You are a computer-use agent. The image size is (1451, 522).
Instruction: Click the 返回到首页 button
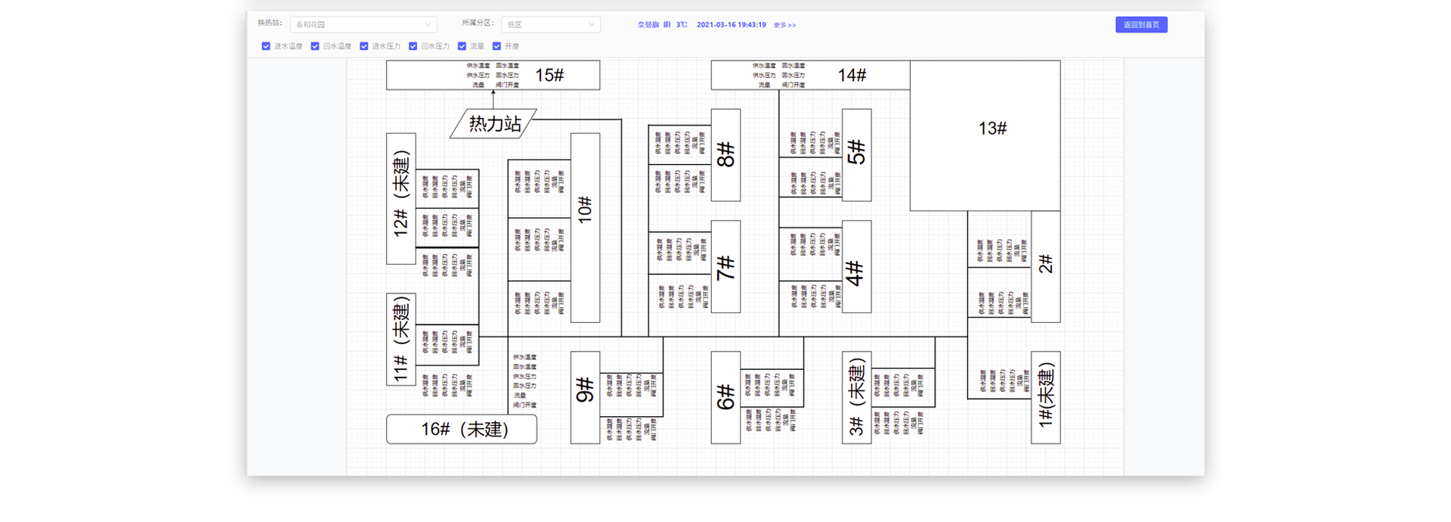1141,25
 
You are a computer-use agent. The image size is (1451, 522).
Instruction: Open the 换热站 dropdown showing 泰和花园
363,25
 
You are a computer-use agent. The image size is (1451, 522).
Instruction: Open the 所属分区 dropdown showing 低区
550,25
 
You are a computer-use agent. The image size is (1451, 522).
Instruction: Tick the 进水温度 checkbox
266,46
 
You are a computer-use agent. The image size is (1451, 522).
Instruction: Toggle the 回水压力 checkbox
413,46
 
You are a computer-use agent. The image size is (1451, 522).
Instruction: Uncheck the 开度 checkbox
497,46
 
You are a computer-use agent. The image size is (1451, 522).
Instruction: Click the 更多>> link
784,25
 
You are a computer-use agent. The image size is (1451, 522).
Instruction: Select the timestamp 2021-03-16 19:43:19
731,25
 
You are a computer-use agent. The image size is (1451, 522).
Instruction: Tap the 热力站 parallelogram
493,123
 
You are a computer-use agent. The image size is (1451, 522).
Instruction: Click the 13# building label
992,129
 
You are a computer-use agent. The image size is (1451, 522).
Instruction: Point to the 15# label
549,76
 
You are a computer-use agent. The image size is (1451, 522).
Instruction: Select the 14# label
852,76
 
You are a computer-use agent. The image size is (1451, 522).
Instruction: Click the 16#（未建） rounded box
462,429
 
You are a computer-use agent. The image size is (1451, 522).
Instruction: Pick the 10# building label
585,210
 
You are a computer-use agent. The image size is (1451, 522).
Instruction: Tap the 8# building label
725,155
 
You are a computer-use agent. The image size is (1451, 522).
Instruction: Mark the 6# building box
725,397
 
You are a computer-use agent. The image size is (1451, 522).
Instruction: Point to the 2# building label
1046,264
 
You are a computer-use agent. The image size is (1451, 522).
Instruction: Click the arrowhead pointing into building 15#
493,94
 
